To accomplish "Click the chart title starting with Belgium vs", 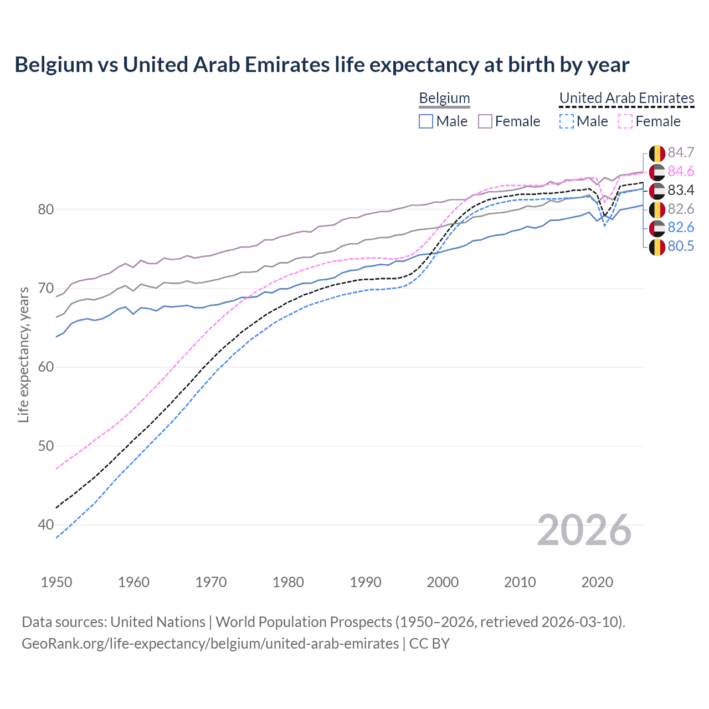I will tap(322, 65).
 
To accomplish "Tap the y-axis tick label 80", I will tap(46, 209).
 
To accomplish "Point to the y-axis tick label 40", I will tap(46, 525).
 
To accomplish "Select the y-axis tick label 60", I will tap(46, 367).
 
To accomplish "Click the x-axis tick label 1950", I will tap(56, 582).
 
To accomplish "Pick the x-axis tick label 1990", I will tap(366, 582).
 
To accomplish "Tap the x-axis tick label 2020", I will tap(597, 582).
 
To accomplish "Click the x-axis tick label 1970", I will tap(211, 582).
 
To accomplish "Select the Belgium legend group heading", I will tap(444, 98).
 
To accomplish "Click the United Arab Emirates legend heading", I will tap(626, 98).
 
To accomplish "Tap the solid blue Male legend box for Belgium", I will tap(426, 121).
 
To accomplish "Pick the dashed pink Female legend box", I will tap(625, 121).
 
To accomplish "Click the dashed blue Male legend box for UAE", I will tap(566, 121).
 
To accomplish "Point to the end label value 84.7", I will tap(681, 153).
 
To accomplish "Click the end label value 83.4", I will tap(681, 191).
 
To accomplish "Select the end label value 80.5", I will tap(681, 246).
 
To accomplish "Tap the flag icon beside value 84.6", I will tap(657, 172).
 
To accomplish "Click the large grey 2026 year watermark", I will tap(584, 530).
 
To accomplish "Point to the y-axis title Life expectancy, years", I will tap(23, 354).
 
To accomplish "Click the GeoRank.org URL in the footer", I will tap(210, 644).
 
